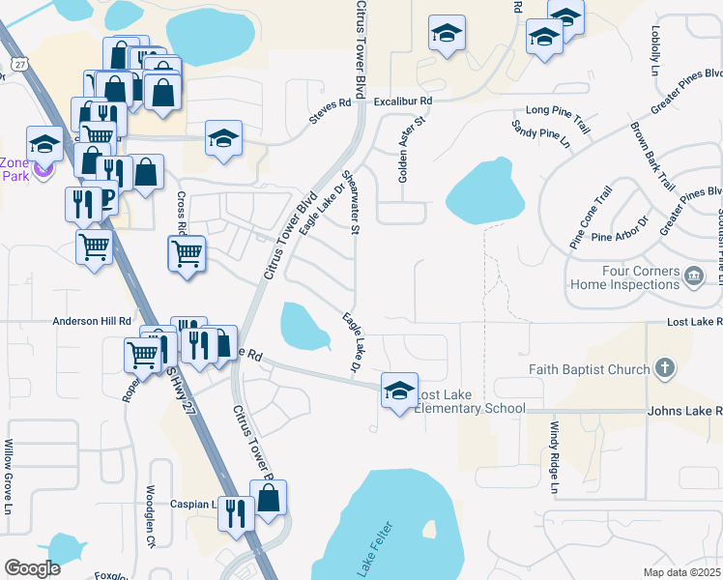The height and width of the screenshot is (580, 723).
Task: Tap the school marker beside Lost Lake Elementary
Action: (x=399, y=391)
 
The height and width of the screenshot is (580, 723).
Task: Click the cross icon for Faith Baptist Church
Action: (x=663, y=367)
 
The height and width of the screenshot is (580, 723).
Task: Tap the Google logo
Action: (x=33, y=568)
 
